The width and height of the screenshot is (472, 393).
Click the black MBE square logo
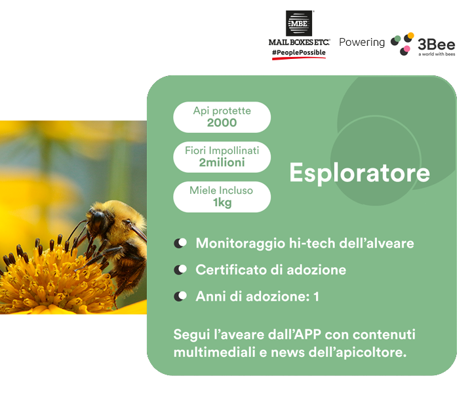coord(299,23)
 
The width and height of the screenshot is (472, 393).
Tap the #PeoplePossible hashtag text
coord(299,52)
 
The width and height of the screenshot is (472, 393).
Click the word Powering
coord(362,43)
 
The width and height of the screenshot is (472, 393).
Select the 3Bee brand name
coord(436,45)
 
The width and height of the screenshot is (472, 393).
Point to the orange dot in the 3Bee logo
coord(410,35)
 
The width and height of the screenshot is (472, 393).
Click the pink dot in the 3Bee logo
coord(406,48)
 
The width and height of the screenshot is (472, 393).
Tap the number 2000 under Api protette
coord(222,122)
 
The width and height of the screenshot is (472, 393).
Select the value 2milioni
coord(222,162)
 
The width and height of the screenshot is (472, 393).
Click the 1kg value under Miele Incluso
coord(222,202)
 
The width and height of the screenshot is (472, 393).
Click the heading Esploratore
coord(359,173)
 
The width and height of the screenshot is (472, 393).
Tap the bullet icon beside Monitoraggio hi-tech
coord(180,243)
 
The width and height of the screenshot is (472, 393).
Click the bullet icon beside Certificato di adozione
coord(180,270)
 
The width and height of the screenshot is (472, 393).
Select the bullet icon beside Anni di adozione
coord(180,296)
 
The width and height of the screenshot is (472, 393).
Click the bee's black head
coord(98,219)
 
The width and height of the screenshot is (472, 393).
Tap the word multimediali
coord(214,352)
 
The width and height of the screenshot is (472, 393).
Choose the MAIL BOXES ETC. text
coord(299,42)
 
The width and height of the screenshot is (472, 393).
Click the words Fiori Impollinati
coord(222,151)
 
